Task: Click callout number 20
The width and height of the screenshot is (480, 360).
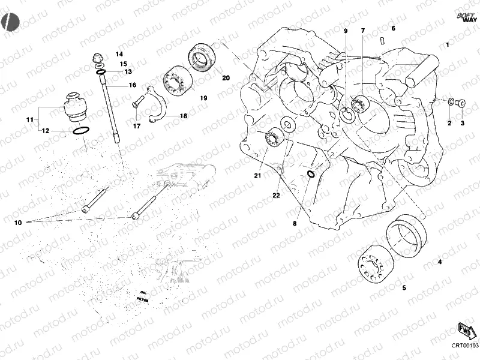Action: (226, 78)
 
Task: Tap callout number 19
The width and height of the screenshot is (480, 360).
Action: (203, 98)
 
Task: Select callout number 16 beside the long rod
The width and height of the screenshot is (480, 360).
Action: (132, 85)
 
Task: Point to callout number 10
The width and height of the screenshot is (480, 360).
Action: (18, 222)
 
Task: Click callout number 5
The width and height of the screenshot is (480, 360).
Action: (404, 288)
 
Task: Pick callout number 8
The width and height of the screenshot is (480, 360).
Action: (295, 224)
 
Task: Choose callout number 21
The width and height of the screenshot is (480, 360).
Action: (257, 175)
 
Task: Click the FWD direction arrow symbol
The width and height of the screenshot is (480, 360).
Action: (464, 331)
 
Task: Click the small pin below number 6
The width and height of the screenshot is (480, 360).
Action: (382, 40)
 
